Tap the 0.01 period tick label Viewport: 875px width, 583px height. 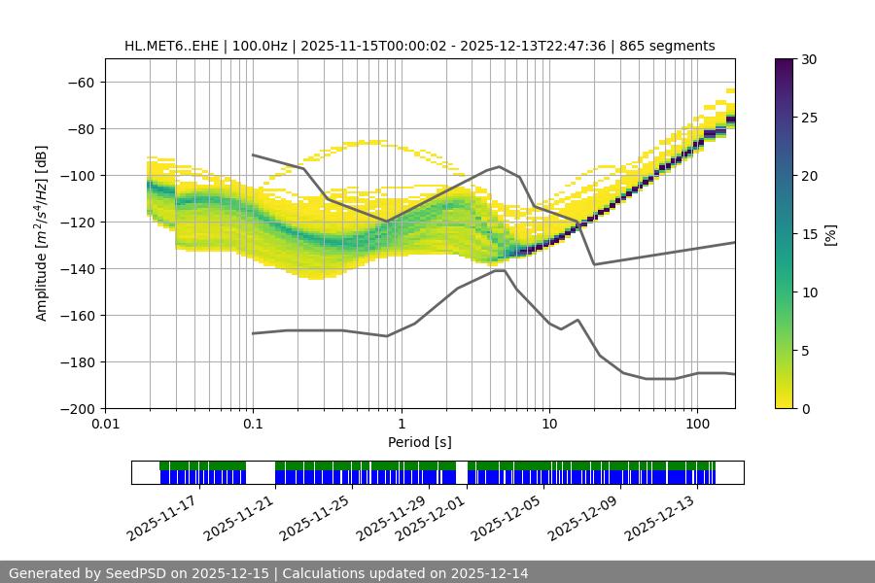pyautogui.click(x=105, y=424)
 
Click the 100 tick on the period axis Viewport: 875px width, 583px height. pyautogui.click(x=697, y=424)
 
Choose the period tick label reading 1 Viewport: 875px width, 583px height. pyautogui.click(x=401, y=424)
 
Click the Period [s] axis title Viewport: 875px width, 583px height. pyautogui.click(x=419, y=442)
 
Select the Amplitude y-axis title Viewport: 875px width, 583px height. pyautogui.click(x=42, y=233)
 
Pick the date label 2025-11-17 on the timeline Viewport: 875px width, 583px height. pyautogui.click(x=161, y=518)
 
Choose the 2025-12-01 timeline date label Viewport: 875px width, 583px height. pyautogui.click(x=430, y=518)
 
